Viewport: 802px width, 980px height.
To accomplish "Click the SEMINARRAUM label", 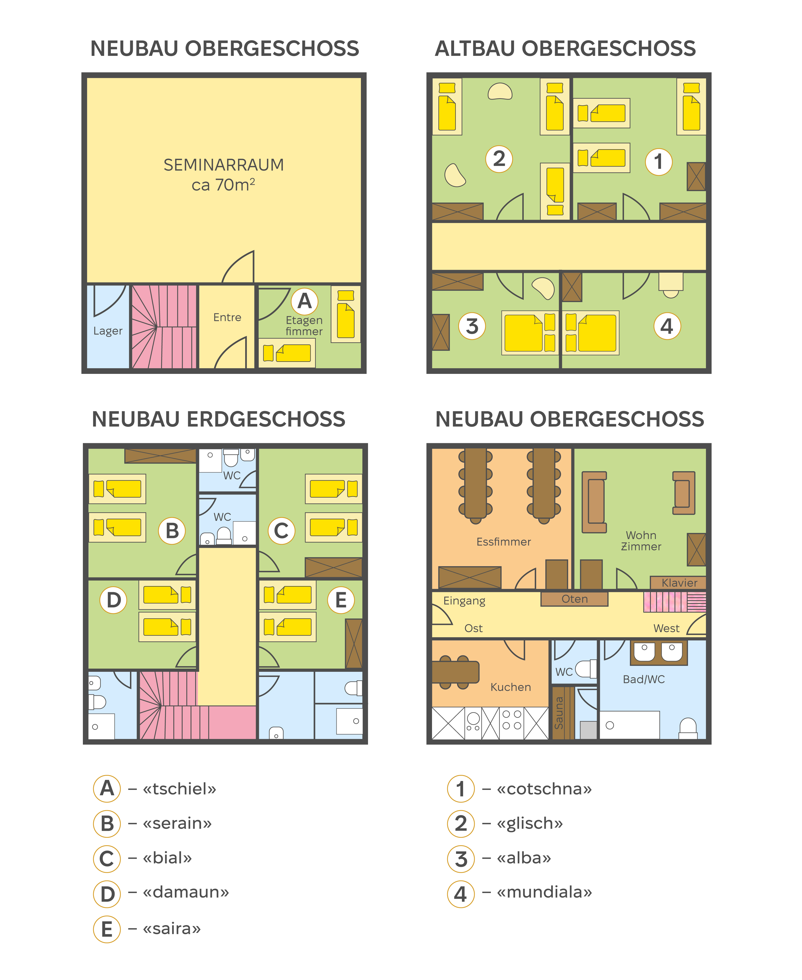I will point(224,165).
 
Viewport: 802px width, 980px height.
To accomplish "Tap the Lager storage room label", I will point(108,331).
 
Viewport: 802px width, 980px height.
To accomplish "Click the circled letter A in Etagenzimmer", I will point(305,301).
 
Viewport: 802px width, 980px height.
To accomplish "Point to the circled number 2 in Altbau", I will point(499,159).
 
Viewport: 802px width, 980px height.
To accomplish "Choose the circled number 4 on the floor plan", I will point(667,326).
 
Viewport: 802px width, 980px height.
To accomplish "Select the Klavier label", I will point(679,583).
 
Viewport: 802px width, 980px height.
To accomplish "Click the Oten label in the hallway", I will point(574,599).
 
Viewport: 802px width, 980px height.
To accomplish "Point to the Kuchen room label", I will point(510,687).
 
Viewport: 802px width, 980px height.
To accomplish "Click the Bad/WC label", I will point(644,679).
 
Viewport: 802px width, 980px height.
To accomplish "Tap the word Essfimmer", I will point(504,541).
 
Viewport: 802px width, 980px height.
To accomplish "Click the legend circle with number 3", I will point(461,858).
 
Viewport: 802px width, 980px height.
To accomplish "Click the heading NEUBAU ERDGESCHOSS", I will point(218,419).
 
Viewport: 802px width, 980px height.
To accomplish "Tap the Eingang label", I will point(464,600).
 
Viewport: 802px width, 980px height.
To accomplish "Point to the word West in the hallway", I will point(666,628).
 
